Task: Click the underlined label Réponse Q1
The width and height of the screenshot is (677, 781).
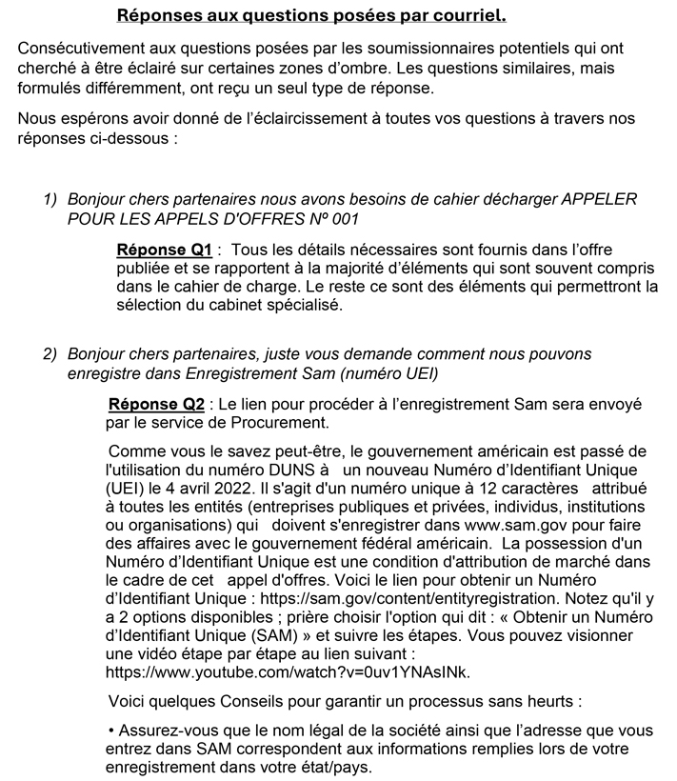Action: tap(164, 250)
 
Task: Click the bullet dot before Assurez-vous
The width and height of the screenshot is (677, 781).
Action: tap(112, 731)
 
